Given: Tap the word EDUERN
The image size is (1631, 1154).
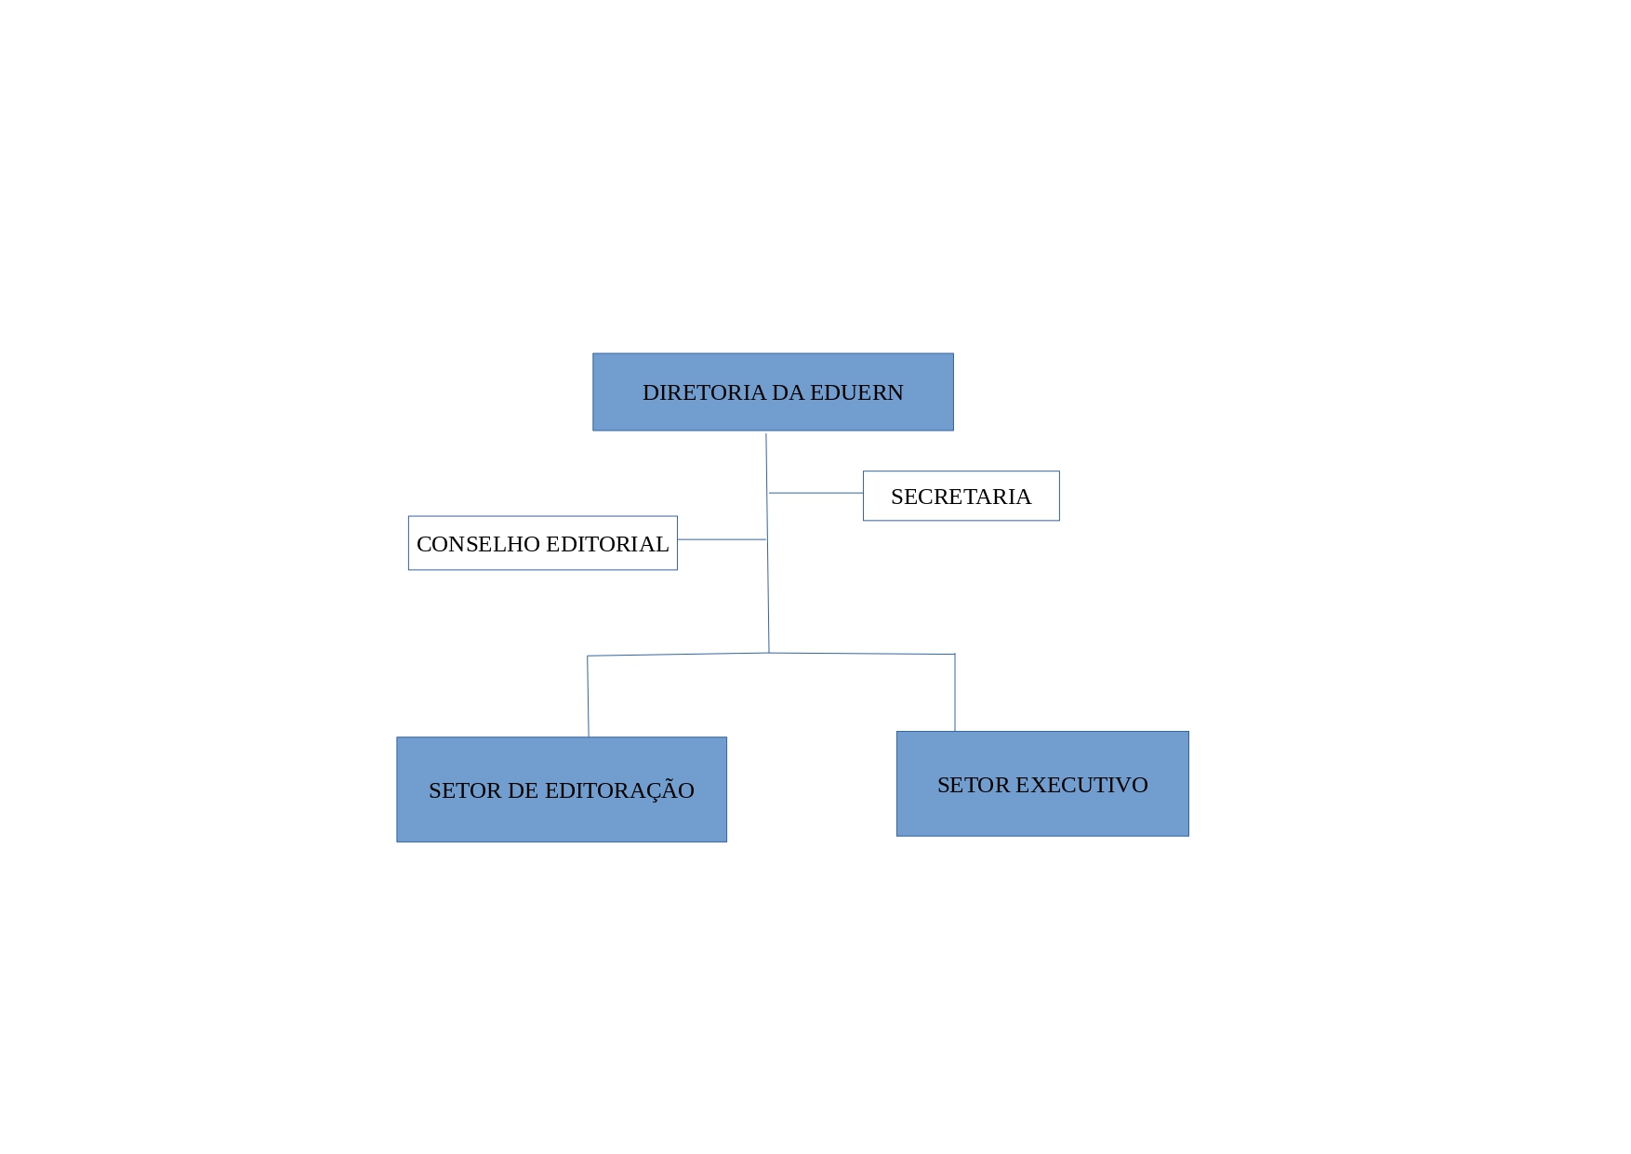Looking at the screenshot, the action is pos(856,392).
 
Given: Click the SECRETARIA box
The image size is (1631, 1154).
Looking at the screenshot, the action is pos(961,496).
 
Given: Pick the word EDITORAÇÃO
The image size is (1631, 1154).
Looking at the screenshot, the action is pos(619,789).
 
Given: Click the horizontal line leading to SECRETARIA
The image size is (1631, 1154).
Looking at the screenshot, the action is pos(815,493).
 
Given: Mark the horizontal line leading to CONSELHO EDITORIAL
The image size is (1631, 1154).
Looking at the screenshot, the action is pos(722,539).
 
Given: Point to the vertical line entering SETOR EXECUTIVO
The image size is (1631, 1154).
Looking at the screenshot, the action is pos(955,693).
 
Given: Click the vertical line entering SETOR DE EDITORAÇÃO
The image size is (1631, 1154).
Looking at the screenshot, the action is pos(588,696).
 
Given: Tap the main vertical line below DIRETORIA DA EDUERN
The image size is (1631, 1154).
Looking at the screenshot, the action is pos(767,543).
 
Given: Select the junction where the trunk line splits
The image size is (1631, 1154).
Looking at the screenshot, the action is pos(769,653).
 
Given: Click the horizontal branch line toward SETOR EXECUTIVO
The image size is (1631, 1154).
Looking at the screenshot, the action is pos(862,654).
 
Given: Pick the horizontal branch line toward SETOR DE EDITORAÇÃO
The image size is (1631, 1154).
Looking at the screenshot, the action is pos(678,655).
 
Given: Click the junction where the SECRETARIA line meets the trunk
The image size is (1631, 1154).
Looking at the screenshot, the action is pos(767,493).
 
